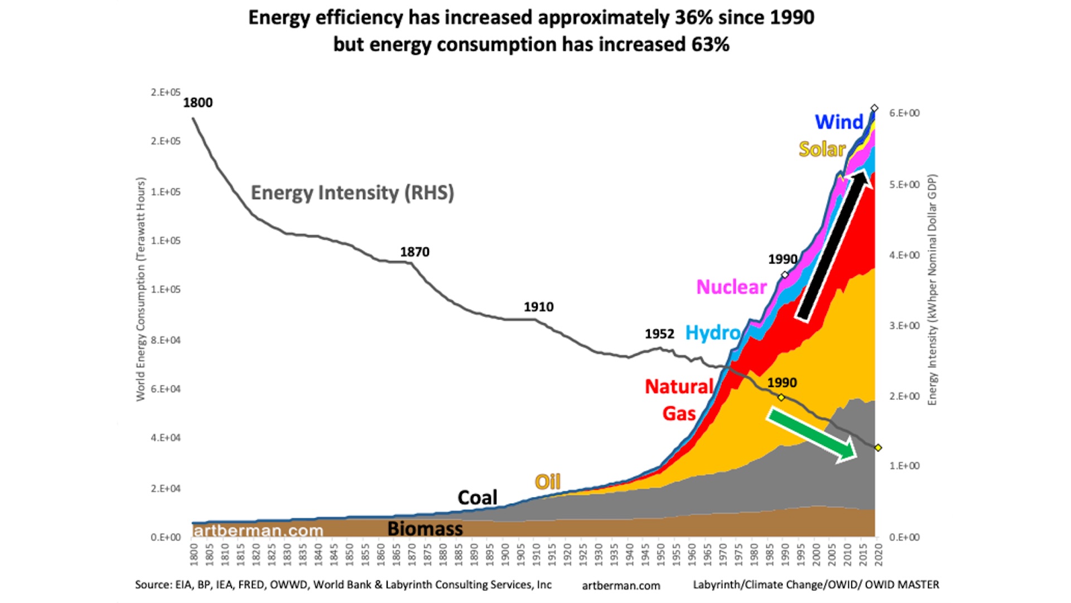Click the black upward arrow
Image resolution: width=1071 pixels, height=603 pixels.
coord(833,246)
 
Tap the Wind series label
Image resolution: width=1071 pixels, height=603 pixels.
coord(838,122)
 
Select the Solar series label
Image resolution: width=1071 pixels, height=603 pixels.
coord(822,149)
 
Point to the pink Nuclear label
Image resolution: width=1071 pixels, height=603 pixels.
coord(731,287)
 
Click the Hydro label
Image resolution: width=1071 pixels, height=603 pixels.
coord(712,333)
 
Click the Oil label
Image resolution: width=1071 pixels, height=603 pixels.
coord(547,482)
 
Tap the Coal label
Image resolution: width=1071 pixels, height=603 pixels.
coord(477,497)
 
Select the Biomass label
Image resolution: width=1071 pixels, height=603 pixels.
coord(425,528)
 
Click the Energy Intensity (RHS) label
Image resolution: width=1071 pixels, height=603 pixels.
coord(352,193)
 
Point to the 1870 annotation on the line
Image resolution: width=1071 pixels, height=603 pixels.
coord(414,252)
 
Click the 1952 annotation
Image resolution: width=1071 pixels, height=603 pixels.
coord(659,334)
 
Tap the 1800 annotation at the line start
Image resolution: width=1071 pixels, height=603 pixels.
coord(198,103)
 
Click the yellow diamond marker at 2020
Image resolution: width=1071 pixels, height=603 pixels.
coord(878,448)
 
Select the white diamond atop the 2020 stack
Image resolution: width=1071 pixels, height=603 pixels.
coord(875,108)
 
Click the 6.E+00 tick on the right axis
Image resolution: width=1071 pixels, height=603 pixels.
coord(904,113)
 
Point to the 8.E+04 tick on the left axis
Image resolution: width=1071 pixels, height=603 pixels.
coord(166,340)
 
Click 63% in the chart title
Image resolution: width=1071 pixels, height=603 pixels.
coord(710,45)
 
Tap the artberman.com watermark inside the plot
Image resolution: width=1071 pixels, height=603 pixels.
coord(258,530)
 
